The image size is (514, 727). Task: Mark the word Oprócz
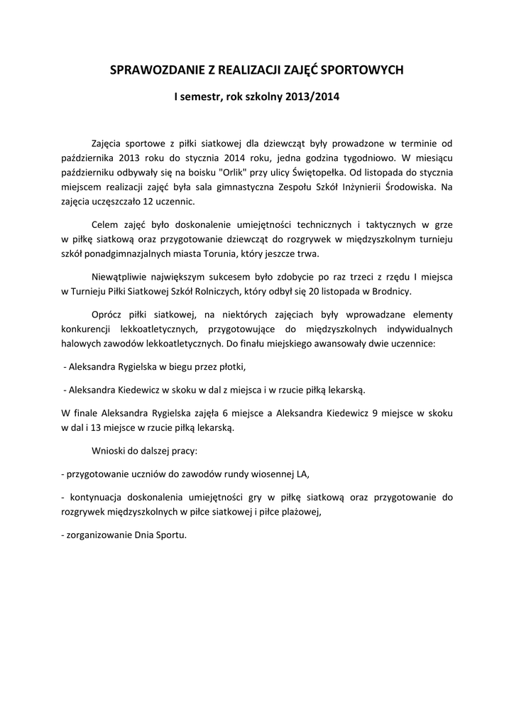(106, 312)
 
